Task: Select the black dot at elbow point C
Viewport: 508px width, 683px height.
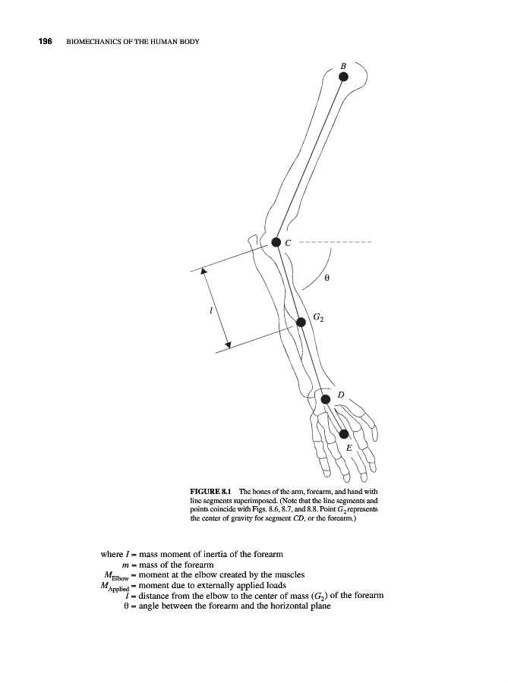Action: tap(276, 243)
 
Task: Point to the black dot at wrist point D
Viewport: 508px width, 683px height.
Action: tap(325, 398)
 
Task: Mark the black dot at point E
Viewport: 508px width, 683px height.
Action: tap(344, 433)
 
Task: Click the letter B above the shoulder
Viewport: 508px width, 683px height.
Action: tap(342, 67)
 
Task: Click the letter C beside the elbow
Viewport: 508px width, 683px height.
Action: tap(288, 244)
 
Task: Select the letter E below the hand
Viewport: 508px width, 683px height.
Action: tap(349, 449)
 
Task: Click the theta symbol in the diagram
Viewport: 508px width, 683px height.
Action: tap(327, 279)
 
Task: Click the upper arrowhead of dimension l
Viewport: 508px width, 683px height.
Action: tap(204, 270)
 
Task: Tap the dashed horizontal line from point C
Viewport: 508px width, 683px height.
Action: tap(334, 243)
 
